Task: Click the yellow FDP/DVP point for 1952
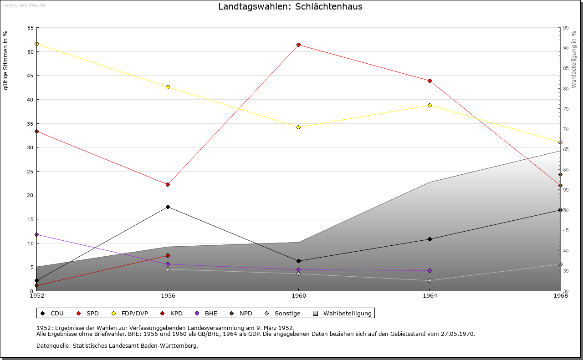[x=36, y=44]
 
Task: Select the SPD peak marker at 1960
[x=298, y=45]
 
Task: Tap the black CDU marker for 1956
[x=168, y=207]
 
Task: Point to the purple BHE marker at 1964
[x=430, y=271]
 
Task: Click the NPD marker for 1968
[x=560, y=175]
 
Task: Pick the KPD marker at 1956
[x=168, y=256]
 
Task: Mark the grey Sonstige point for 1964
[x=430, y=281]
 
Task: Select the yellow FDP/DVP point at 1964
[x=430, y=106]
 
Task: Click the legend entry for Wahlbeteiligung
[x=347, y=314]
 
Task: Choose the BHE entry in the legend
[x=211, y=314]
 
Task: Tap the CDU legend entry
[x=57, y=314]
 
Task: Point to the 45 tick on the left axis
[x=30, y=76]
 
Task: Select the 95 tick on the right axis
[x=566, y=28]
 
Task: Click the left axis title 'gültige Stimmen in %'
[x=5, y=60]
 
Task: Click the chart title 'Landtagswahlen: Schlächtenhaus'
[x=290, y=7]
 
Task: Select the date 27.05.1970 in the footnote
[x=458, y=334]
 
